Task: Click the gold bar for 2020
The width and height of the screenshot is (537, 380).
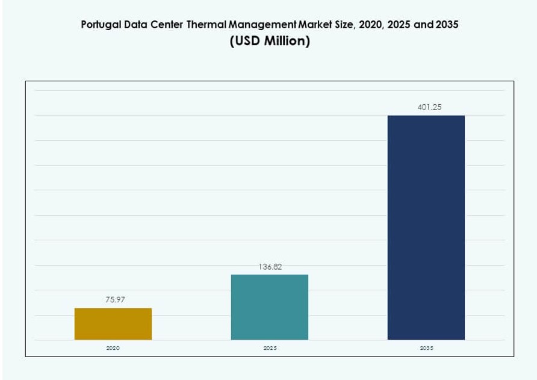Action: click(113, 324)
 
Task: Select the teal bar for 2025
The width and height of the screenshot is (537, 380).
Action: click(270, 307)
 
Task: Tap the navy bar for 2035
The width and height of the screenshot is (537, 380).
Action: click(426, 228)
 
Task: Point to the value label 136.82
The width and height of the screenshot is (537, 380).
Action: click(270, 266)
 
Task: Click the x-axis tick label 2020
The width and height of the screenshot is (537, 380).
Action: click(113, 349)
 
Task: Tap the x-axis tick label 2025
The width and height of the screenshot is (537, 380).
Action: click(270, 349)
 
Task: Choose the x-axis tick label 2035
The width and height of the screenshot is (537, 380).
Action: click(426, 349)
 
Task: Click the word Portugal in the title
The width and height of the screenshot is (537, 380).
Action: click(99, 25)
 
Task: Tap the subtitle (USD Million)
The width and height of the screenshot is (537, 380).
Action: click(270, 42)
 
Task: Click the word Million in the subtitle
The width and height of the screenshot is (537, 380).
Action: click(287, 42)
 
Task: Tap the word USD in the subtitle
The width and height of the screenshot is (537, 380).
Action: click(247, 42)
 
